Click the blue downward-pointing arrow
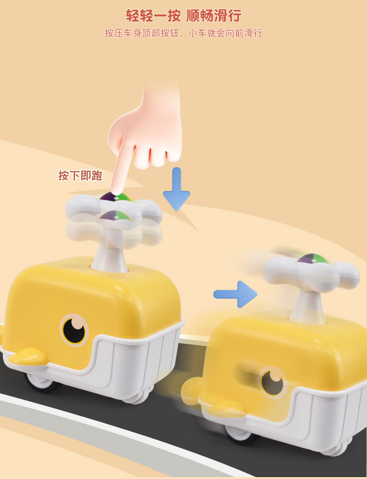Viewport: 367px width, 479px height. coord(177,190)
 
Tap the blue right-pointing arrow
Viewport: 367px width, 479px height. coord(235,294)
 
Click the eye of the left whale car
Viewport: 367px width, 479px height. coord(74,330)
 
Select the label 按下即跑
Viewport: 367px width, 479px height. coord(80,176)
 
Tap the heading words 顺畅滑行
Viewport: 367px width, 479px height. coord(214,16)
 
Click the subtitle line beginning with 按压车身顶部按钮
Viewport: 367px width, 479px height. coord(183,33)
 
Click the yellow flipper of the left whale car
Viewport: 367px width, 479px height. coord(28,356)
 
